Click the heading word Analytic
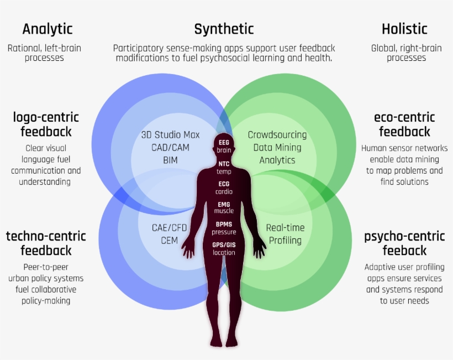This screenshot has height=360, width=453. (48, 29)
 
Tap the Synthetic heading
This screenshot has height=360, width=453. (224, 29)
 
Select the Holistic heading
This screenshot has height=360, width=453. (404, 29)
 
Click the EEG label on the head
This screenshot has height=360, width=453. (224, 143)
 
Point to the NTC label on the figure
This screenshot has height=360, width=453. (224, 164)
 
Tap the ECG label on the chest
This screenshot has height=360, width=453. (224, 184)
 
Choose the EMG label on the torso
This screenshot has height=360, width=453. (224, 205)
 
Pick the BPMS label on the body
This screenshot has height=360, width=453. (224, 225)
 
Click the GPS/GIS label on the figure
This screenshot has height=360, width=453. (224, 245)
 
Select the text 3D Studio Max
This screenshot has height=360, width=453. (171, 135)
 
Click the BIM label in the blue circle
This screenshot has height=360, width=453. (171, 160)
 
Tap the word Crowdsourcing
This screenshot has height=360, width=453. (277, 135)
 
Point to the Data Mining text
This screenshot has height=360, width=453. (277, 148)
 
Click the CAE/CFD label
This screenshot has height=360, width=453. (170, 228)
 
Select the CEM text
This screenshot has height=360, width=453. (169, 241)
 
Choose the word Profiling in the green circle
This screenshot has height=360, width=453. (286, 241)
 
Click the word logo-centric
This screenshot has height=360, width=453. (46, 117)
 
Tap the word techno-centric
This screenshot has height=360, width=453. (46, 236)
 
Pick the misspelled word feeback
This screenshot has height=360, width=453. (404, 251)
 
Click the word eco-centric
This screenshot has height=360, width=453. (404, 117)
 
